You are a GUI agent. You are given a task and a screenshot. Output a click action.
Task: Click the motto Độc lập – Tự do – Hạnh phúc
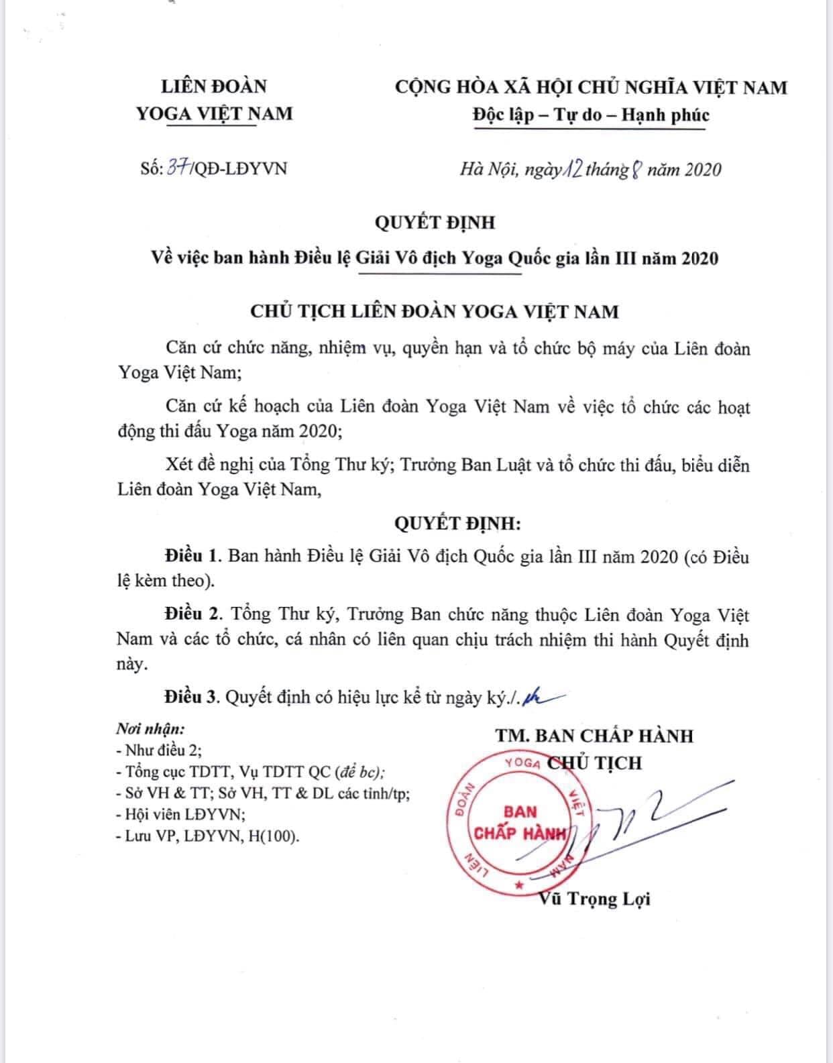coord(590,115)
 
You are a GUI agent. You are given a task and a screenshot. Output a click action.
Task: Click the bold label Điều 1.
coord(192,556)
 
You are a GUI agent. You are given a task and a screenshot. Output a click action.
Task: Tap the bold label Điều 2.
coord(192,614)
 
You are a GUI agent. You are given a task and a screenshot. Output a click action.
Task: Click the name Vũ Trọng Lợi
coord(594,899)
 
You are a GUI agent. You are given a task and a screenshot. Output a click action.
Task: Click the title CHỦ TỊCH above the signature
coord(594,763)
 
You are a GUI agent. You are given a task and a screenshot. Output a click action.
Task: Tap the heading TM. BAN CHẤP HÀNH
coord(594,736)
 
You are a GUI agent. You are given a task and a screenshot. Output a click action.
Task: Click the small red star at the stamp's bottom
coord(518,885)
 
